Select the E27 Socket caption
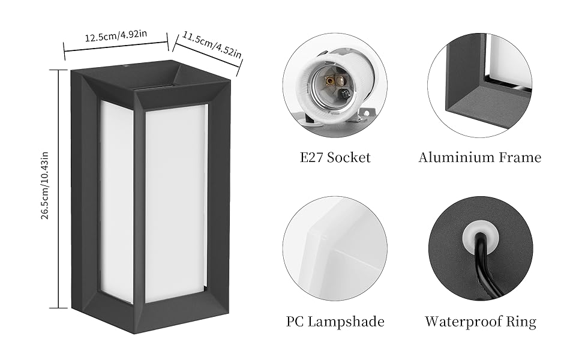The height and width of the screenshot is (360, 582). (335, 158)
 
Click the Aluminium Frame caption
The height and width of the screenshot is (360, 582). (479, 158)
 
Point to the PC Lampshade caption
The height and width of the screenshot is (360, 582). (335, 322)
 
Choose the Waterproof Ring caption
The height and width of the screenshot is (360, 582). (481, 322)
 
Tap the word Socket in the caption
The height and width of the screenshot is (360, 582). (350, 158)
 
